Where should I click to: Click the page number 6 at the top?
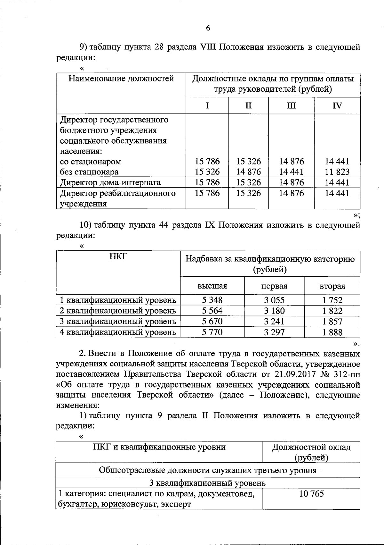coord(208,29)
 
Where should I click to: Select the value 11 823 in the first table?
coord(337,172)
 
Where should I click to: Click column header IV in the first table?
coord(337,106)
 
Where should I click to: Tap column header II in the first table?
coord(248,106)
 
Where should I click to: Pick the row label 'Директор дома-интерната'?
coord(110,183)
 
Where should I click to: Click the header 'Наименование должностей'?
coord(121,79)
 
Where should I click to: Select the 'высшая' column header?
coord(212,286)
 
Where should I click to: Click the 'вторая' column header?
coord(332,286)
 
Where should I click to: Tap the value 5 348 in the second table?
coord(212,300)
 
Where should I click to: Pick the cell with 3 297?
coord(274,332)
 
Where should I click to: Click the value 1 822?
coord(332,311)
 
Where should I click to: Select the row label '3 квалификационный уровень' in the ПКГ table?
coord(118,321)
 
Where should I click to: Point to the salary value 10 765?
coord(311,493)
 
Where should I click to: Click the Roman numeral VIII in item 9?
coord(208,47)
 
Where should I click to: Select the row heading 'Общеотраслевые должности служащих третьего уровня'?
coord(208,470)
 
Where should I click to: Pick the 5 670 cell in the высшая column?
coord(212,321)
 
